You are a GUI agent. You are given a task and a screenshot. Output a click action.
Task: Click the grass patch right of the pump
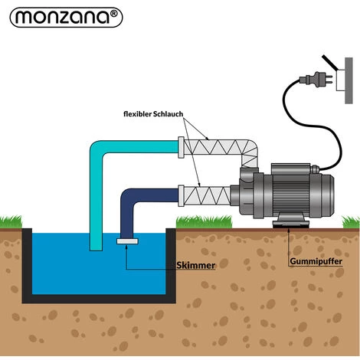point(345,223)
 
